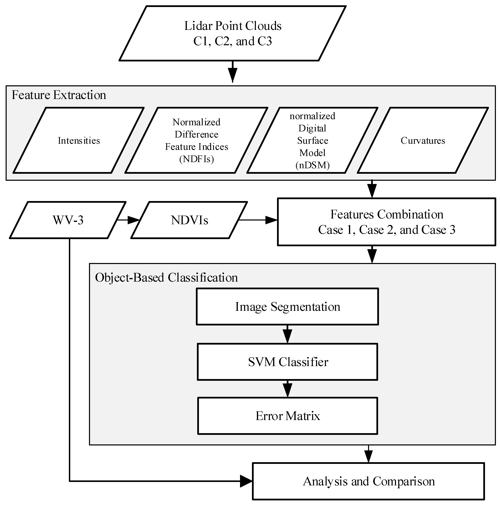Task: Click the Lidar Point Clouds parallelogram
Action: (232, 33)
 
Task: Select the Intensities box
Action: (79, 140)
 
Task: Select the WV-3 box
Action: (68, 220)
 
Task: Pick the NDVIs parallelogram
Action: (189, 220)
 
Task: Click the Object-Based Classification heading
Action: (166, 277)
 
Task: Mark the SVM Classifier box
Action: (287, 362)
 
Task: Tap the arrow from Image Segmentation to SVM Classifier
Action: (287, 334)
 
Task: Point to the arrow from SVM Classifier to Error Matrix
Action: (287, 389)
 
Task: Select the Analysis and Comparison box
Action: (368, 481)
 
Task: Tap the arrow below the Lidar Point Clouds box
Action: (232, 72)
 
